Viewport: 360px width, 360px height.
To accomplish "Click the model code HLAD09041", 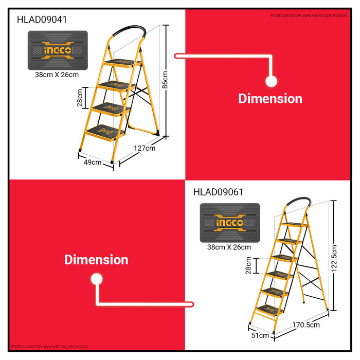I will click(x=42, y=20).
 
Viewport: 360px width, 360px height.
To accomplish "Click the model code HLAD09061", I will click(x=219, y=192).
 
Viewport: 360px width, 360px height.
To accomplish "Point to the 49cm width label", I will click(x=93, y=162).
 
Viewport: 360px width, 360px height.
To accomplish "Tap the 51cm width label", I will click(x=260, y=335).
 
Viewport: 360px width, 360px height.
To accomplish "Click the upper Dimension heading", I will click(x=270, y=98).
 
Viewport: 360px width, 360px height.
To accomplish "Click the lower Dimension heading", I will click(x=96, y=260).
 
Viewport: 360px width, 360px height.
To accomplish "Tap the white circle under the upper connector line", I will click(x=271, y=80).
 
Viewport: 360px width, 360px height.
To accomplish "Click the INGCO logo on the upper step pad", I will click(x=57, y=50).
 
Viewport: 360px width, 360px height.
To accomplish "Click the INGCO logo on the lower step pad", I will click(x=230, y=223).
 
